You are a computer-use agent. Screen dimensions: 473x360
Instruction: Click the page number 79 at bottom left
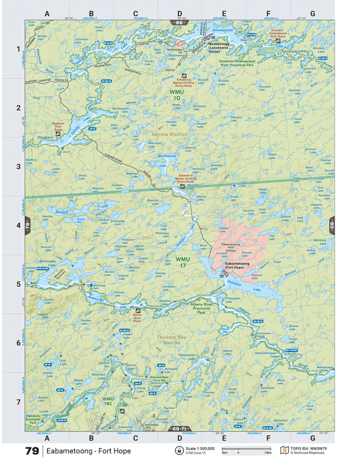pos(32,451)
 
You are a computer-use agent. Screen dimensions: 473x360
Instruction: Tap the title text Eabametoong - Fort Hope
pos(88,451)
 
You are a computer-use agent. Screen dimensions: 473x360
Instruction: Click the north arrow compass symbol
pos(178,451)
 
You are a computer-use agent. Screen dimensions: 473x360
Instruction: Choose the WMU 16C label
pos(108,401)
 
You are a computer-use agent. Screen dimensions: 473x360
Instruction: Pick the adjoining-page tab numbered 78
pos(26,226)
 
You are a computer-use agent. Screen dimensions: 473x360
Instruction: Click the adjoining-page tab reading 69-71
pos(179,429)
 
